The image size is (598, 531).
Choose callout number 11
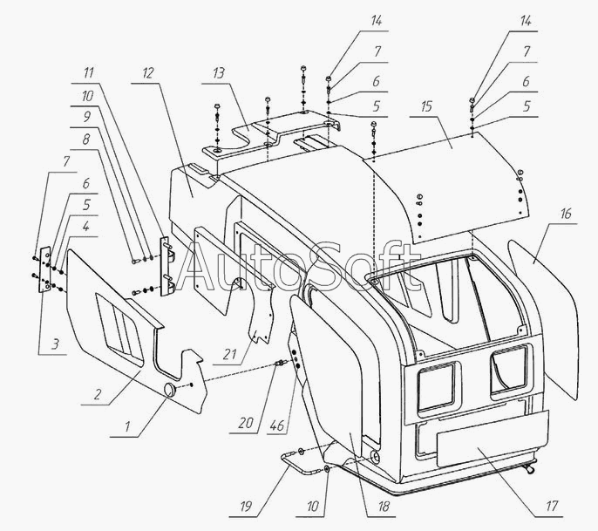(x=90, y=73)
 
